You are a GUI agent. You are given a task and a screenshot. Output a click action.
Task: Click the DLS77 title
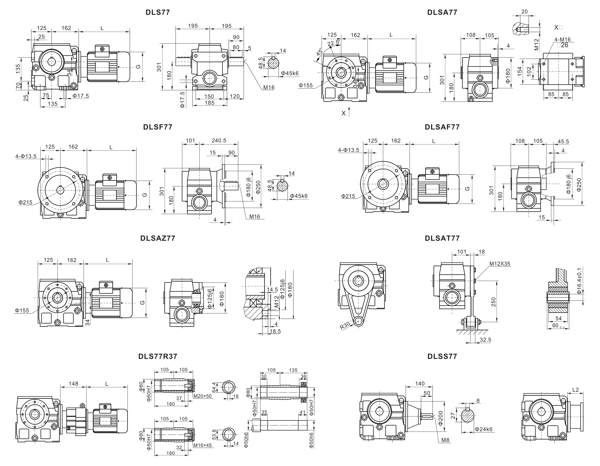coord(158,12)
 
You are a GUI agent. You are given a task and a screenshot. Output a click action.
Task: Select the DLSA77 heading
coord(442,12)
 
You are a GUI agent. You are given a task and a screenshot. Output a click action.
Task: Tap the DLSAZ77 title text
coord(158,238)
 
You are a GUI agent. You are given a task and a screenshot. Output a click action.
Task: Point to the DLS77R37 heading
coord(158,356)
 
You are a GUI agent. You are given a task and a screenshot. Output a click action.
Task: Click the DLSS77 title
coord(442,356)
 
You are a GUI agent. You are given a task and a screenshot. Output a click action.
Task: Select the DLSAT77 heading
coord(442,238)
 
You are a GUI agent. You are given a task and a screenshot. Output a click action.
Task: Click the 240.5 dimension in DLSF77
coord(219,140)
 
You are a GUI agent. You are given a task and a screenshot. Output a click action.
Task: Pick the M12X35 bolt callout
coord(500,264)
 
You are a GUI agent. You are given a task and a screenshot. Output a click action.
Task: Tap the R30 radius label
coord(345,326)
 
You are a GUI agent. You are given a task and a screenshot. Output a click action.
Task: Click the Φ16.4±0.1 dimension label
coord(579,281)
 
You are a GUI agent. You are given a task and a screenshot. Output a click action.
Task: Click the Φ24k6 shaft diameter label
coord(484,429)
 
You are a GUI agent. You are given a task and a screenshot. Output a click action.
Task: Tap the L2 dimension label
coord(576,390)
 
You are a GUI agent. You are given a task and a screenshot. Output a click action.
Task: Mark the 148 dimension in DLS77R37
coord(73,383)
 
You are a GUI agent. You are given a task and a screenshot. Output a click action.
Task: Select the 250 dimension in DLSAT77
coord(493,302)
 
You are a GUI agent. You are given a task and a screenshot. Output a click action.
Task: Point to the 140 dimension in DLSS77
coord(420,383)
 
